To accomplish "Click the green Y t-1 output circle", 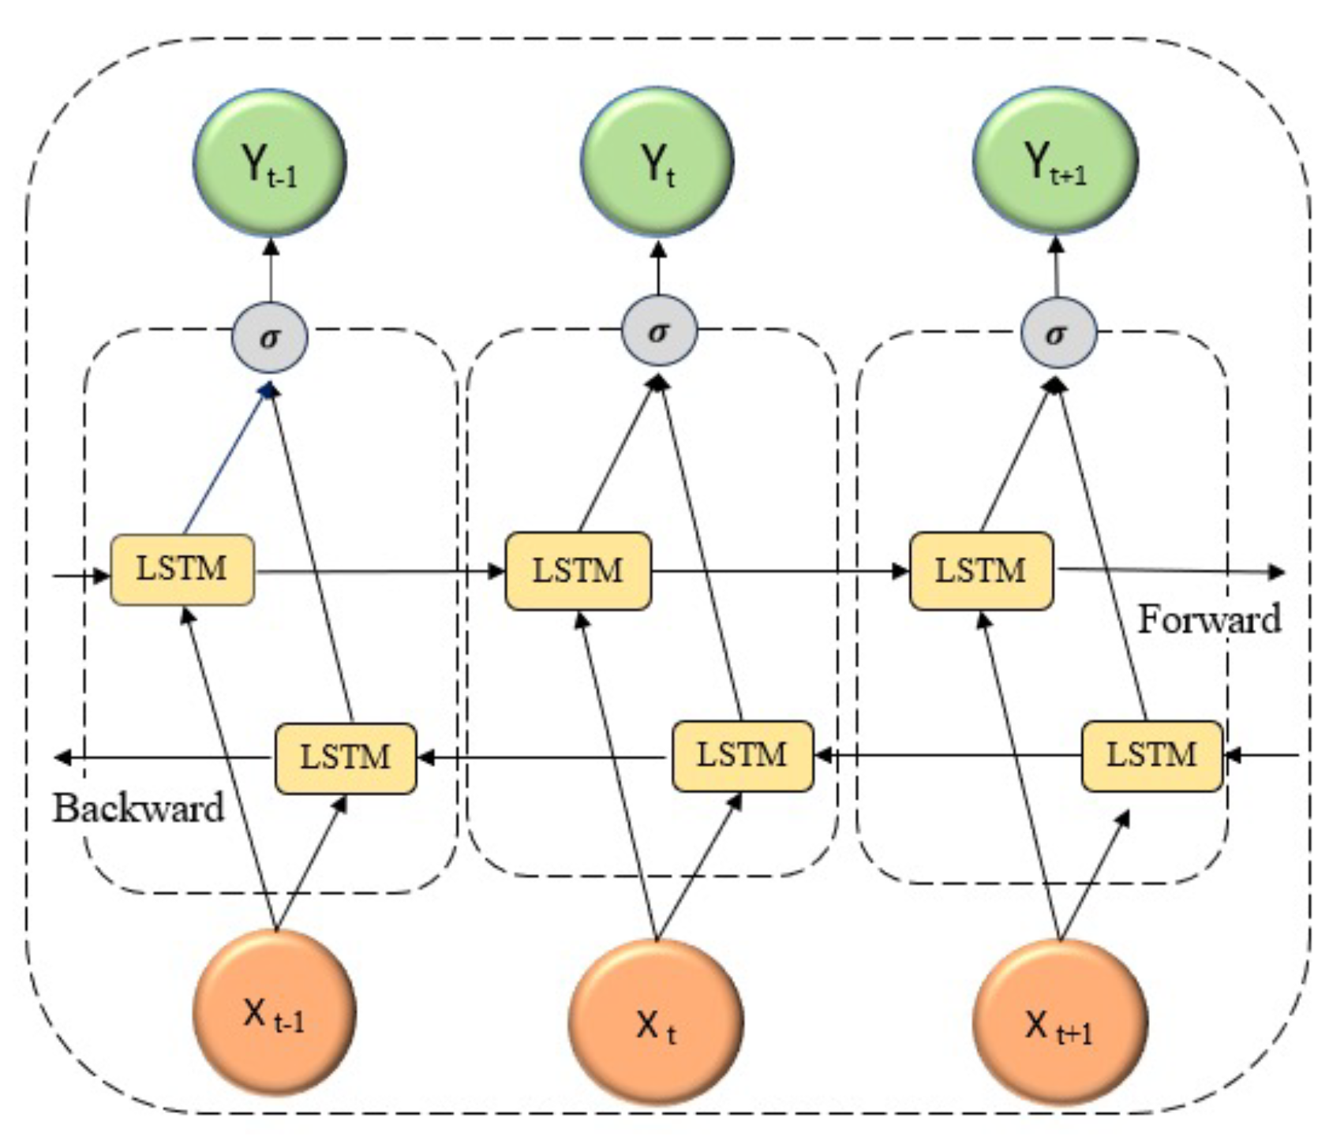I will click(270, 163).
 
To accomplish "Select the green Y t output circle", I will click(657, 161).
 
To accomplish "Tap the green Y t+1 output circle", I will click(1055, 160).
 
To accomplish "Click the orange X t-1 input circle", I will click(274, 1012).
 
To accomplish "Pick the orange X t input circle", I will click(656, 1022).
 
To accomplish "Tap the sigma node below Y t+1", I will click(1058, 333).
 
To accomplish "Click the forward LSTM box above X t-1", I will click(182, 570).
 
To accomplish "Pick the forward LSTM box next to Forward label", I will click(981, 570).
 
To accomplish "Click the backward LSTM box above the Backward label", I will click(346, 758).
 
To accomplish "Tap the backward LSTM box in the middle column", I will click(742, 756).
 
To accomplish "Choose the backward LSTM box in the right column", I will click(1151, 756).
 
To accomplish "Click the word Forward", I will click(1208, 619).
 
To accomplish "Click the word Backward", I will click(139, 809).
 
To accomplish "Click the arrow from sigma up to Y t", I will click(659, 268).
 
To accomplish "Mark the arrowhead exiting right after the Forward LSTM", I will click(1276, 571).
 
